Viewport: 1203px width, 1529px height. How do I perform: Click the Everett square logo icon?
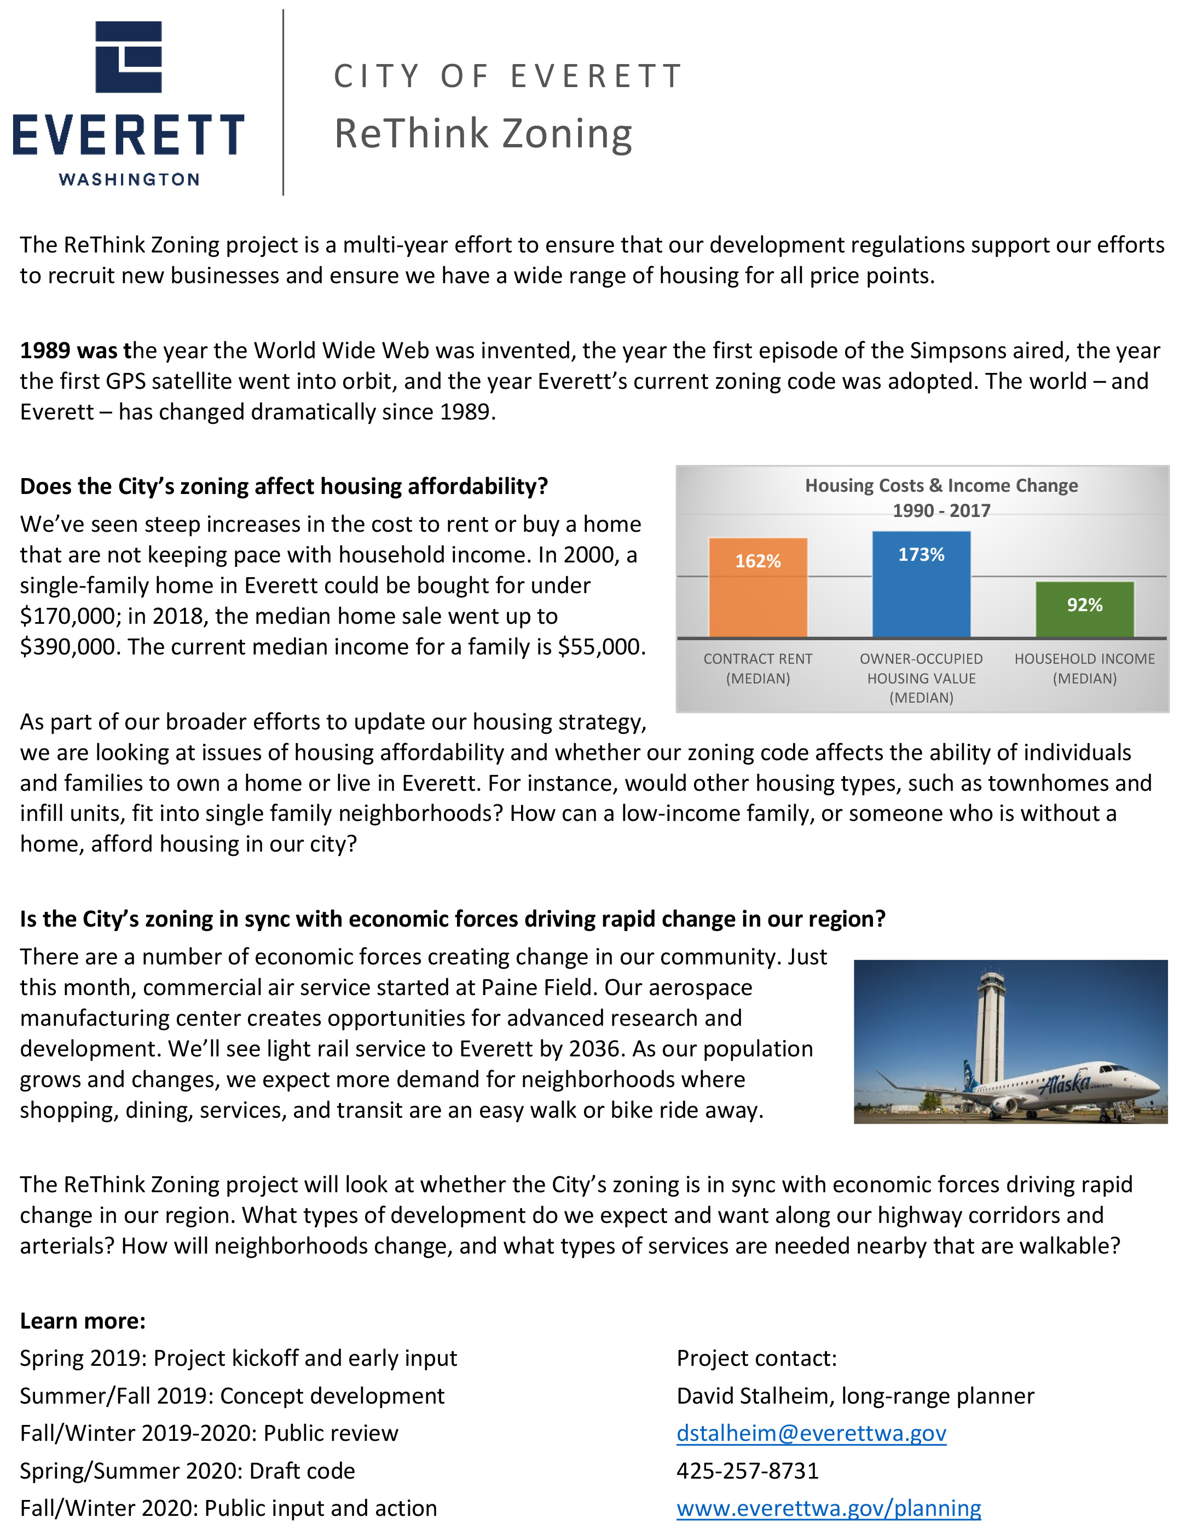point(129,57)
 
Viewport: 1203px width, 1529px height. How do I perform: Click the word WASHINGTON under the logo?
point(129,180)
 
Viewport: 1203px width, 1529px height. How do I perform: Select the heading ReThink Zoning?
point(483,134)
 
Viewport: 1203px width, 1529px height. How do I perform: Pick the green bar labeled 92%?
point(1085,610)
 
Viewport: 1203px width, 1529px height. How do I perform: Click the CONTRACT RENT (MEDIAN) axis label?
point(758,669)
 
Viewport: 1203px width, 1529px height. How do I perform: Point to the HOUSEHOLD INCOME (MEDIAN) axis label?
point(1085,669)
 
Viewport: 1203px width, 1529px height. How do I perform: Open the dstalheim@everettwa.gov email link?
point(811,1433)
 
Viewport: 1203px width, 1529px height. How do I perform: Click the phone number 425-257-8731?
point(747,1470)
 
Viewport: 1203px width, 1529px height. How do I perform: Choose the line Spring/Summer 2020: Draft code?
point(187,1470)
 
